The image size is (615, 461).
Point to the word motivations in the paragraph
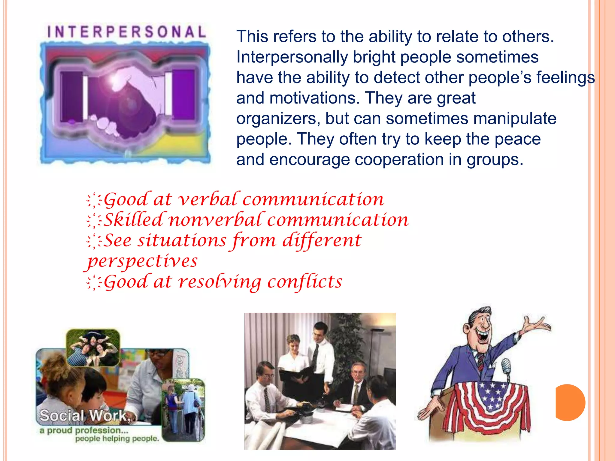pyautogui.click(x=313, y=98)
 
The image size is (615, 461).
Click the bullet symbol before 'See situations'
pyautogui.click(x=94, y=241)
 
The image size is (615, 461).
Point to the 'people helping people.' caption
pyautogui.click(x=117, y=438)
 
